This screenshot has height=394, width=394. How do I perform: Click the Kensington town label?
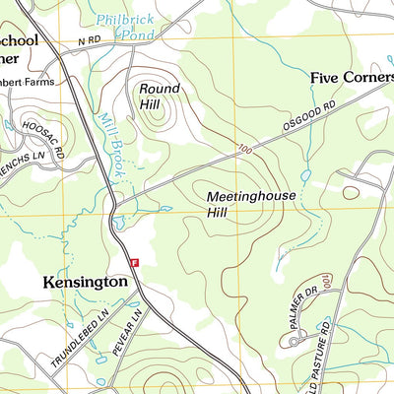point(86,282)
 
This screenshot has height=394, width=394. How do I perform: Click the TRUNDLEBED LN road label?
point(80,338)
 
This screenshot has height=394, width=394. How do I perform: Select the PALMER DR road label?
point(311,313)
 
